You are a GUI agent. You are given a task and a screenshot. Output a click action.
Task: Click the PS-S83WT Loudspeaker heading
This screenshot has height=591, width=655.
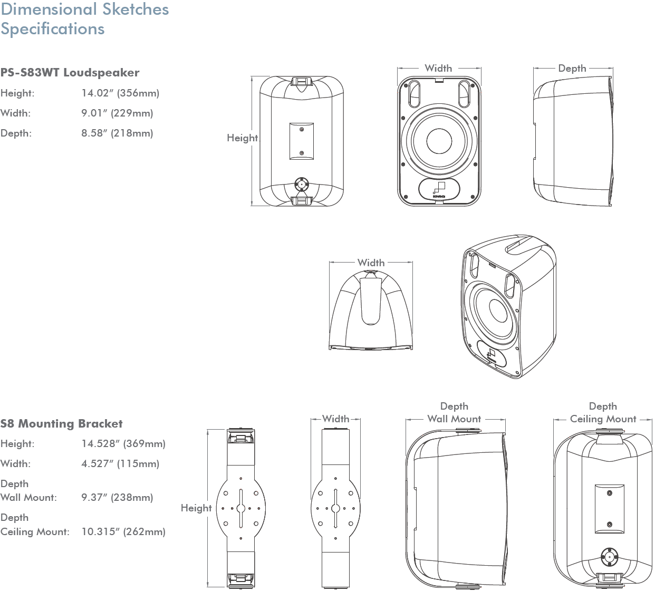70,72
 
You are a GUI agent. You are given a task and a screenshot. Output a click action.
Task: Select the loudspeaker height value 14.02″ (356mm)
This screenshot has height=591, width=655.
120,93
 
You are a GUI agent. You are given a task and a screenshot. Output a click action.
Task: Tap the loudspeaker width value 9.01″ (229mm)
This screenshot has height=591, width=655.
117,113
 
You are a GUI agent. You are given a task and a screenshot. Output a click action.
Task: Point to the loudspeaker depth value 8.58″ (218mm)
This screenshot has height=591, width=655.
117,133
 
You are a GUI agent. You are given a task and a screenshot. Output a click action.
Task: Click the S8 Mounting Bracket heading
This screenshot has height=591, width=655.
61,423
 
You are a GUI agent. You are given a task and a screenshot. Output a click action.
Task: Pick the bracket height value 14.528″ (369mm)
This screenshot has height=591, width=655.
123,444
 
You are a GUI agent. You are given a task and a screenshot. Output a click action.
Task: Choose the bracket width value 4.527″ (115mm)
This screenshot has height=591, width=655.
120,463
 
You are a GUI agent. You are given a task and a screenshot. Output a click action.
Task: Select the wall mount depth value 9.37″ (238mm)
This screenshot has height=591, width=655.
117,498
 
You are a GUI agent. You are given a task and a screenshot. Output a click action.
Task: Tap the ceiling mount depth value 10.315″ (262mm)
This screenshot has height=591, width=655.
123,532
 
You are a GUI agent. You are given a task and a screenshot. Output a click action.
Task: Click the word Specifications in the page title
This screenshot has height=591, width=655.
53,29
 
